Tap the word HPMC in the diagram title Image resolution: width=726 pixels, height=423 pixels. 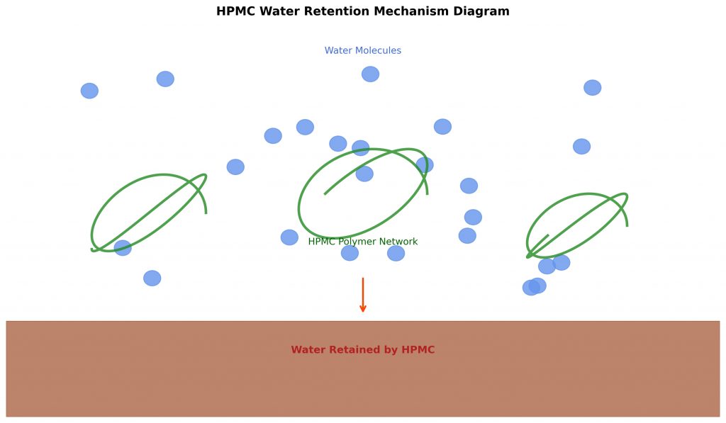(235, 11)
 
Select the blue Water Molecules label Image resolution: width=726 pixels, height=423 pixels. (362, 51)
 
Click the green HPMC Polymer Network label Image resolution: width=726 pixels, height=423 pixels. (362, 242)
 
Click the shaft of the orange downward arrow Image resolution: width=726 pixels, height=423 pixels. (363, 291)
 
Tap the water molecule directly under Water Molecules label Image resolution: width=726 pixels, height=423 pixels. (370, 74)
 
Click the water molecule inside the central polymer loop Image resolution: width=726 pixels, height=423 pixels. (364, 174)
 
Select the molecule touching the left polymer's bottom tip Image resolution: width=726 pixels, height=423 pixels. (123, 248)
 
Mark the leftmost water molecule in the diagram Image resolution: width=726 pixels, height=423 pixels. (89, 91)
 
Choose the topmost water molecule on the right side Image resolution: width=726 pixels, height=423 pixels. (593, 88)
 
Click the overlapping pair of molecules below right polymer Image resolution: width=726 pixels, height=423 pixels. (535, 287)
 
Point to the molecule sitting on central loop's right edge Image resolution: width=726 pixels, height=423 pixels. (425, 165)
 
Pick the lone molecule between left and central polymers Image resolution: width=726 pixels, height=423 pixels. (235, 167)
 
